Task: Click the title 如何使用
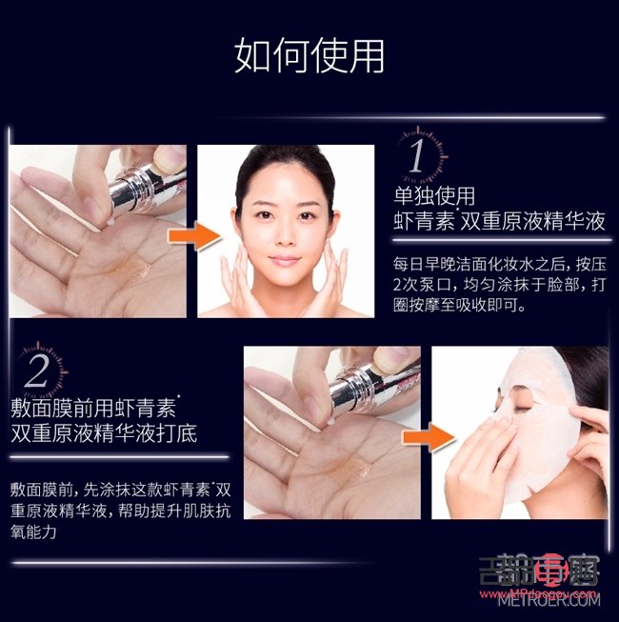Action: [x=309, y=56]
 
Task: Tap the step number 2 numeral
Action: [x=35, y=371]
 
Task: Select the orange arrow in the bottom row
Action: [x=426, y=436]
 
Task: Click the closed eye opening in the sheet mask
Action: [x=519, y=406]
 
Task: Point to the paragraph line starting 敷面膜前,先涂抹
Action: [x=120, y=490]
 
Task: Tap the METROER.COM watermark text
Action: [x=549, y=600]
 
